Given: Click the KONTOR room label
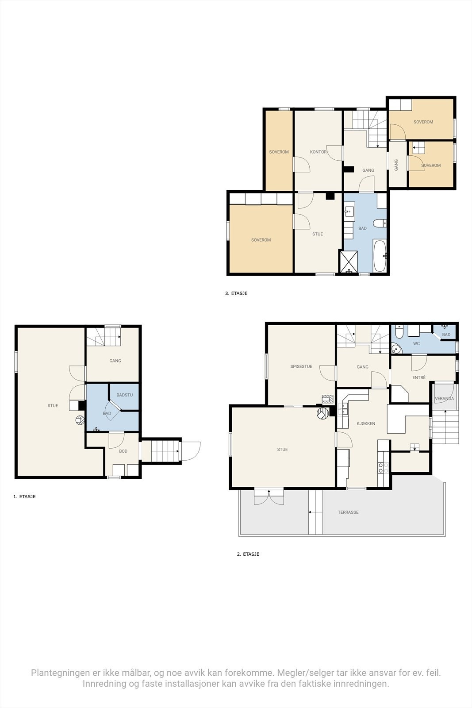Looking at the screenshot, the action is tap(318, 152).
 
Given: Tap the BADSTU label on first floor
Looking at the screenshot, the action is tap(124, 395).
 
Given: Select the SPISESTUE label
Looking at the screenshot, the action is tap(301, 366).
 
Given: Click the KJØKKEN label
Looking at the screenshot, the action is tap(366, 423).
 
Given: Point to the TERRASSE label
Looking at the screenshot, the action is tap(348, 512).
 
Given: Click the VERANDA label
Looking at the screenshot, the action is tap(444, 399).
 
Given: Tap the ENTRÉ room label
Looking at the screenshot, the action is tap(419, 377).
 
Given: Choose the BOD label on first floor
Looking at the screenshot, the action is tap(123, 451).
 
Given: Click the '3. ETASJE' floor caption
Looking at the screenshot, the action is tap(236, 293).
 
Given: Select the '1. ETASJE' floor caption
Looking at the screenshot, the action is tap(24, 496).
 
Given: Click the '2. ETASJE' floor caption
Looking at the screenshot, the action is tap(248, 554).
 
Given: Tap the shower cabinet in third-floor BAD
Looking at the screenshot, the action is tap(348, 262).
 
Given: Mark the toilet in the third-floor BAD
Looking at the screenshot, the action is tap(380, 223).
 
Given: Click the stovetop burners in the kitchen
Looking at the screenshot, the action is tap(383, 467).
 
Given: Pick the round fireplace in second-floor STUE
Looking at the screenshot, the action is tap(323, 413).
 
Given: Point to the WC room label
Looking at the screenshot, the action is tap(416, 343).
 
